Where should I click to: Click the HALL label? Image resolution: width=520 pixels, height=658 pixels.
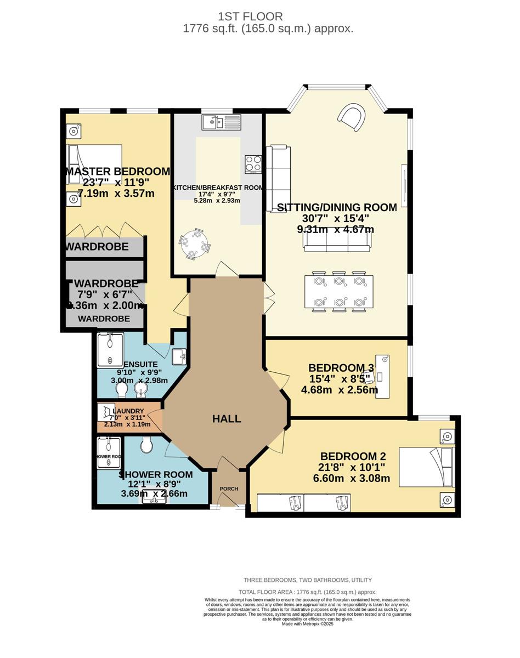tap(227, 419)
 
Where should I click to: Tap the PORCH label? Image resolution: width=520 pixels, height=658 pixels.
tap(229, 489)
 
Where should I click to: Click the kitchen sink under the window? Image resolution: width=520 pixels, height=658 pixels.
tap(221, 122)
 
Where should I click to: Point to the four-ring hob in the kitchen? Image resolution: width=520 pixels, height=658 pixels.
tap(253, 164)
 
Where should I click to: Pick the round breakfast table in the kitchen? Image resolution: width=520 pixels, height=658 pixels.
tap(195, 243)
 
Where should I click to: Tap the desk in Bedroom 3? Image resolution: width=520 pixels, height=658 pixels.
tap(382, 376)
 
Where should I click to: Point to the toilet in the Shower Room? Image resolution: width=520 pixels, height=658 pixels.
tap(146, 445)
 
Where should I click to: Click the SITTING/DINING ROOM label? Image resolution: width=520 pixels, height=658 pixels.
tap(337, 207)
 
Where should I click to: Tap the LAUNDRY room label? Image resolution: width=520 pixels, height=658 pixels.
tap(128, 411)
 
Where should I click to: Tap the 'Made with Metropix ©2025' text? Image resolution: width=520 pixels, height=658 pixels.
tap(307, 624)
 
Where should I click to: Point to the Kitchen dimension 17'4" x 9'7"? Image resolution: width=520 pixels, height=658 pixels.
tap(217, 194)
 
